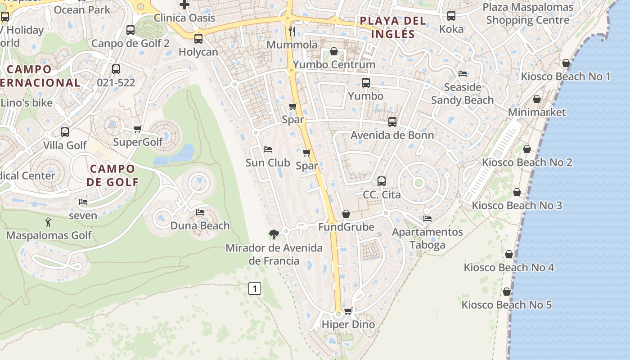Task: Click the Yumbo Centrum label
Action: (334, 64)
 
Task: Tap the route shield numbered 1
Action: (255, 288)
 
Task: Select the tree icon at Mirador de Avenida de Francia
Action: (274, 234)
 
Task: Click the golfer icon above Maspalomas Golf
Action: (48, 222)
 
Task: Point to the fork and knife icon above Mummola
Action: (292, 31)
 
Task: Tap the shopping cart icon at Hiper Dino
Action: (348, 311)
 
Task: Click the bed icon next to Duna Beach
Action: (200, 212)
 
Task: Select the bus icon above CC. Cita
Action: (382, 181)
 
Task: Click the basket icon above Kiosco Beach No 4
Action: (508, 254)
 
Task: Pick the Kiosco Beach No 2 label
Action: (527, 162)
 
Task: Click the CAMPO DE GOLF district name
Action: (112, 175)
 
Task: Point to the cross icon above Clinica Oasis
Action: (184, 5)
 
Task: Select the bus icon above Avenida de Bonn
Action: (392, 121)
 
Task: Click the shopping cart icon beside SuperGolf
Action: (138, 129)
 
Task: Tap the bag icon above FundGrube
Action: (346, 214)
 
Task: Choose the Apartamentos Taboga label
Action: (427, 238)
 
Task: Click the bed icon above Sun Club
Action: (268, 149)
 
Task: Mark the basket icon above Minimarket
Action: (536, 99)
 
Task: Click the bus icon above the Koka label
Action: (451, 16)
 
